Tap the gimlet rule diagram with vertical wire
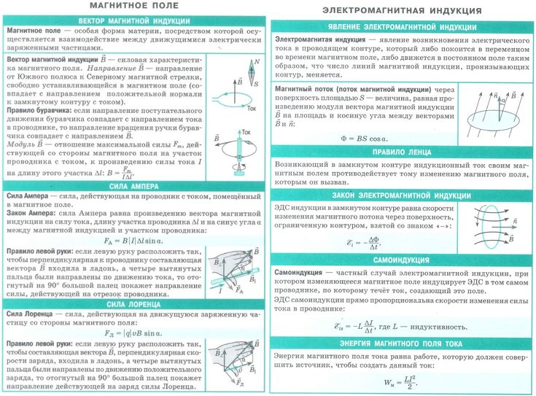pos(238,155)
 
